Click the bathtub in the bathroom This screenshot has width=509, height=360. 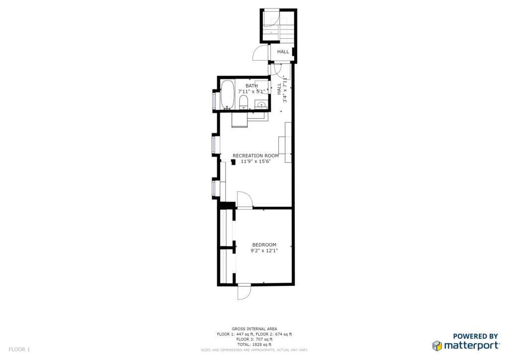[x=228, y=94]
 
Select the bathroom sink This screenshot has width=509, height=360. [x=261, y=105]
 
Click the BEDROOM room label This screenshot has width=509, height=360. [x=264, y=245]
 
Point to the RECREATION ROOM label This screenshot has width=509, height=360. [x=256, y=156]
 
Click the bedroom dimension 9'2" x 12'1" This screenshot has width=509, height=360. [x=264, y=251]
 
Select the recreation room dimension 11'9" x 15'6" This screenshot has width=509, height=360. [x=256, y=161]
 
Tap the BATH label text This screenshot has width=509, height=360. [x=252, y=86]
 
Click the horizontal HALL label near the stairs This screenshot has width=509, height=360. [x=283, y=52]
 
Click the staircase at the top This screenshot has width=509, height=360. [x=278, y=26]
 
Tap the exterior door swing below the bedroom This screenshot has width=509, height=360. [x=244, y=292]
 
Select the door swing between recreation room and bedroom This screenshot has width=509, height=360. [x=245, y=199]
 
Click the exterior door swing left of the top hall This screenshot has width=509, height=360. [x=260, y=52]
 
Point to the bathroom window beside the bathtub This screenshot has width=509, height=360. [x=214, y=101]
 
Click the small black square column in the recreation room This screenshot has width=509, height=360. [x=233, y=162]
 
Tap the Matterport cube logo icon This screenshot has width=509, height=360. [x=437, y=346]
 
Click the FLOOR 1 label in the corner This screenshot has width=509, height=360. [x=19, y=350]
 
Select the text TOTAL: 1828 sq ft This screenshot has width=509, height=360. [x=254, y=345]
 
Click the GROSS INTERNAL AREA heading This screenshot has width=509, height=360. [x=254, y=329]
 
